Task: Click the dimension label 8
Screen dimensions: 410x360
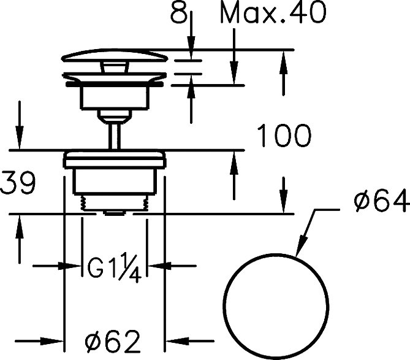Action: tap(179, 12)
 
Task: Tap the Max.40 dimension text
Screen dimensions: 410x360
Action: tap(273, 12)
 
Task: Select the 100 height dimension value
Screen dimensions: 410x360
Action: tap(284, 136)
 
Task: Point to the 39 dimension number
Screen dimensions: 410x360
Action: tap(18, 183)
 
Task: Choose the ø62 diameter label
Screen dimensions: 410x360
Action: tap(112, 342)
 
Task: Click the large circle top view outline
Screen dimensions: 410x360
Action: tap(276, 255)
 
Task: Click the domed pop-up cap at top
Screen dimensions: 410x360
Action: tap(115, 55)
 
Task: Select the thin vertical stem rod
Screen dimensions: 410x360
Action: tap(115, 137)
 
